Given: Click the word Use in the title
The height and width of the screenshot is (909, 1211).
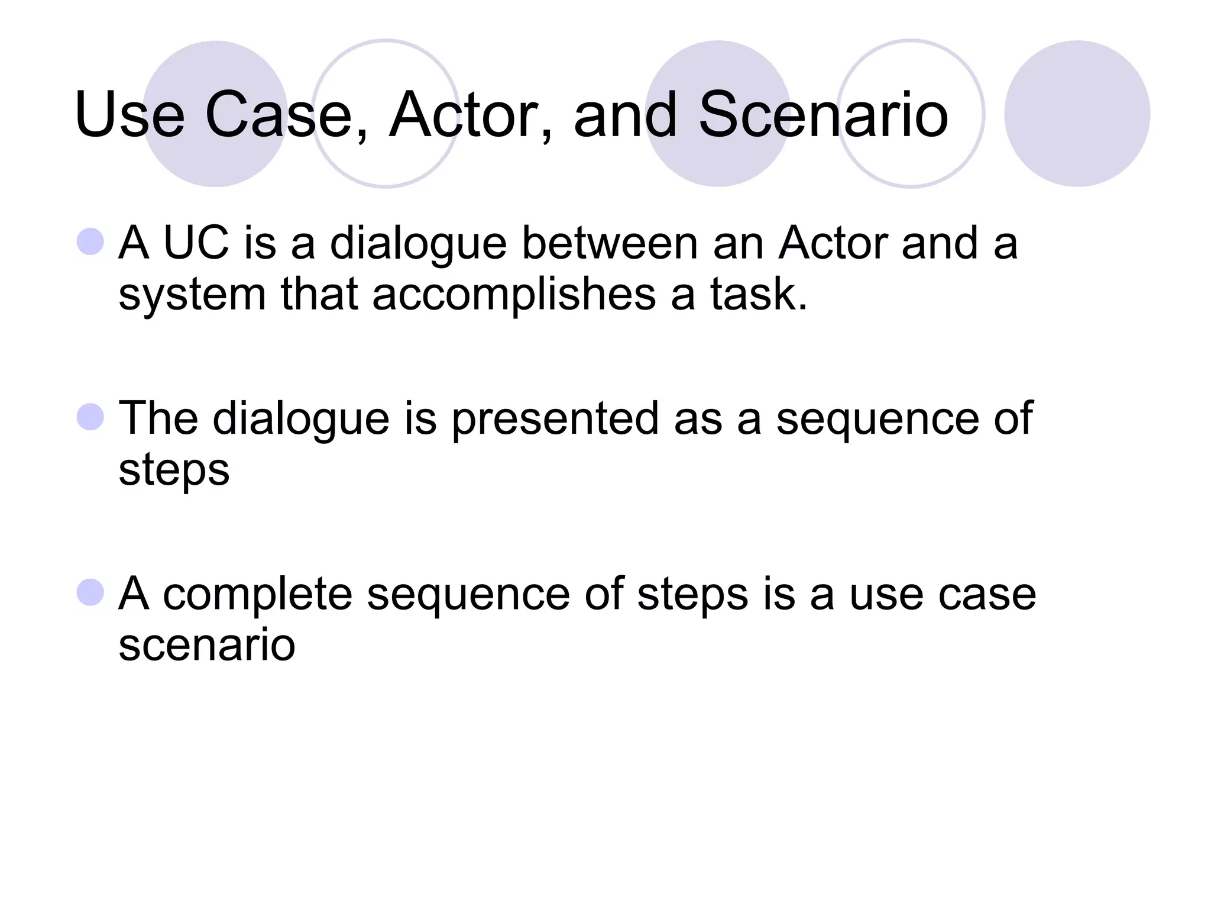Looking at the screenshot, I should tap(129, 115).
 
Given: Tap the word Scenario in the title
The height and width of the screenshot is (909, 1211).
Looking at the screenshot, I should tap(823, 115).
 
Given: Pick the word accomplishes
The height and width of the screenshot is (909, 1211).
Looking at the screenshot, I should tap(514, 294).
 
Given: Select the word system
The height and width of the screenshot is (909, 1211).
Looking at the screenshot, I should tap(192, 294).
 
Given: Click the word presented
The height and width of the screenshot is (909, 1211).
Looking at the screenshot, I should tap(555, 418).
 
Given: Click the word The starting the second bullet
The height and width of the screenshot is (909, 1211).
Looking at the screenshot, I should tap(158, 418).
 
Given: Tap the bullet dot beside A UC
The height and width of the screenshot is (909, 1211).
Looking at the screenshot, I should tap(90, 241).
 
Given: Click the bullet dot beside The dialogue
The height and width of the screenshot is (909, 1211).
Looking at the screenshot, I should tap(90, 417).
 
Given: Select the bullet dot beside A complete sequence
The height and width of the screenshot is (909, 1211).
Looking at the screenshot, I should tap(90, 592).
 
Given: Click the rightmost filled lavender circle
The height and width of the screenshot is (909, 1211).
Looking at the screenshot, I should tap(1077, 114).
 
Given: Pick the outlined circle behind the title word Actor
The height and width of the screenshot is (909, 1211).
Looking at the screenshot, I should tap(386, 114).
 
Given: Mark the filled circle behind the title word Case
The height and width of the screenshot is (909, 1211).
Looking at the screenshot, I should tap(215, 114).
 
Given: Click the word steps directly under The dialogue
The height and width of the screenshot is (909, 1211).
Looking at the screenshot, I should tap(174, 469).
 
